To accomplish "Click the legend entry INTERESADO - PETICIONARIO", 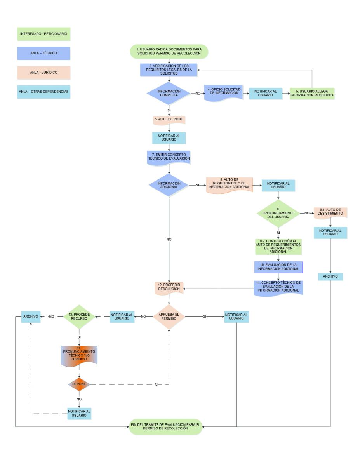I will point(43,34).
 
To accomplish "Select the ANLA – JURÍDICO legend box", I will point(43,72).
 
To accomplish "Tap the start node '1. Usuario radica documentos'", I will point(169,51).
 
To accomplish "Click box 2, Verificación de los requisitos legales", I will point(169,70).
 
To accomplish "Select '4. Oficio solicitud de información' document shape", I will point(223,94).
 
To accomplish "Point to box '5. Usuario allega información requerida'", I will point(312,94).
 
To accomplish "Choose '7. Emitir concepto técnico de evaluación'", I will point(169,157).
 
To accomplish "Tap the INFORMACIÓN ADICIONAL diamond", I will point(169,184).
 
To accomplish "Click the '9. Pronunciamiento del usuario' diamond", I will point(278,212).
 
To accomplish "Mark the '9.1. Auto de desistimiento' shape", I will point(330,212).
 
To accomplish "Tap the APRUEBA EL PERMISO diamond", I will point(169,317).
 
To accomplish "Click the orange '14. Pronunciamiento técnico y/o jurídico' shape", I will point(79,355).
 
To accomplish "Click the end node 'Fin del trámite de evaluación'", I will point(166,427).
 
